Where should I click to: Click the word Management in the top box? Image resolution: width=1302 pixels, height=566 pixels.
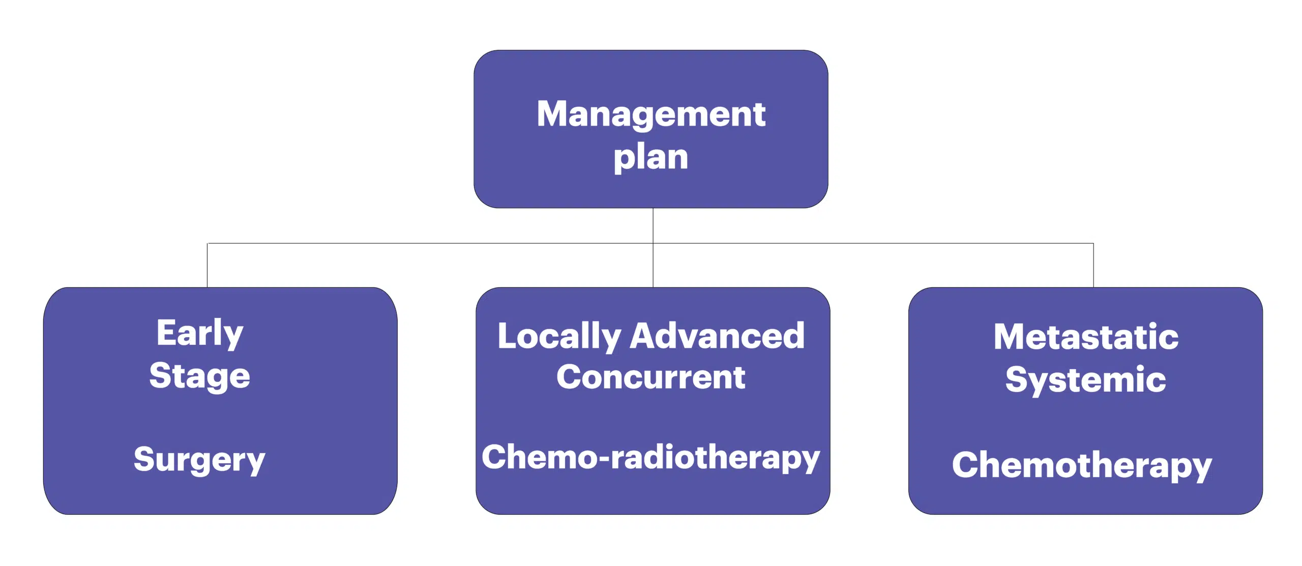(x=651, y=115)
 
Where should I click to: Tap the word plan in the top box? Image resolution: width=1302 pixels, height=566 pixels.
(x=651, y=158)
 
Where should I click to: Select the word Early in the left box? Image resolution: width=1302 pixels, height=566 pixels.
(x=200, y=334)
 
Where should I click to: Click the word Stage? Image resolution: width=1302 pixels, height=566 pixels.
(x=200, y=377)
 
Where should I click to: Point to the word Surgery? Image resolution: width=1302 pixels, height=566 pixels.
(x=200, y=460)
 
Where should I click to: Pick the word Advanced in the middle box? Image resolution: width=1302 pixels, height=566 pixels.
(x=717, y=336)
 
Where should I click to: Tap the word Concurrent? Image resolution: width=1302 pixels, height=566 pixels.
(x=651, y=377)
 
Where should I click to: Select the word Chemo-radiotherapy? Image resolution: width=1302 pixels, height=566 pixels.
(x=651, y=458)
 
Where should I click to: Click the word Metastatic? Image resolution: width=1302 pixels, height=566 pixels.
(x=1086, y=337)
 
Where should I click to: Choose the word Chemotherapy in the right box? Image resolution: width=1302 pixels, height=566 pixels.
(x=1082, y=466)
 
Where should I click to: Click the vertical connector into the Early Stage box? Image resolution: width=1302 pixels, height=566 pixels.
(x=208, y=265)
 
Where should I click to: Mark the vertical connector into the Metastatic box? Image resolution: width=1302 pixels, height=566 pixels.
(x=1093, y=265)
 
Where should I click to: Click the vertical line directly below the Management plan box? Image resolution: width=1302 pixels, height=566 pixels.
(x=653, y=226)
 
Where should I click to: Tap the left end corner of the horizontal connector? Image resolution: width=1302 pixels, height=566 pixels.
(x=208, y=244)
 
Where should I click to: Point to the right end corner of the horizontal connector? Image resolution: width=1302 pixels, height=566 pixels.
(x=1093, y=244)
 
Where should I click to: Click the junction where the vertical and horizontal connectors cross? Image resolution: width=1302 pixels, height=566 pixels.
(x=653, y=244)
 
